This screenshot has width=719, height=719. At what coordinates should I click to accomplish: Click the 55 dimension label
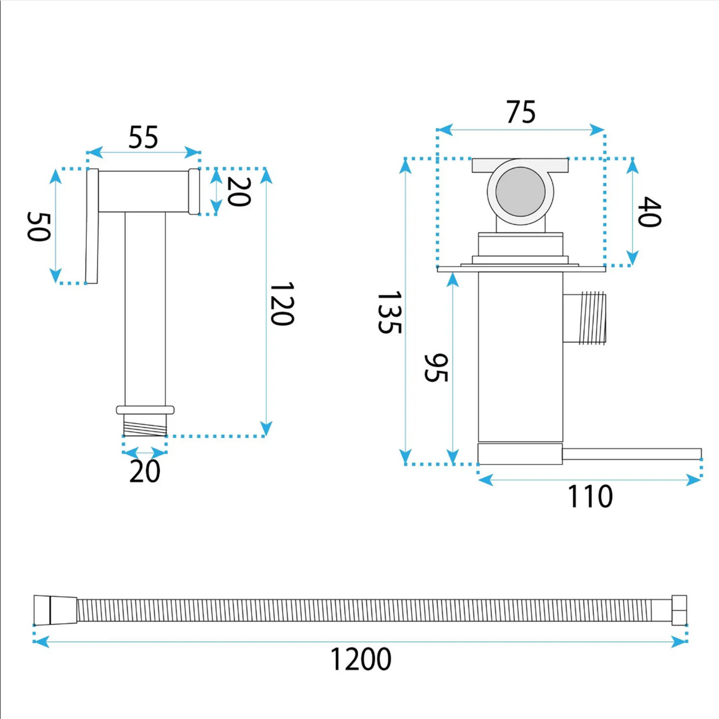tap(143, 137)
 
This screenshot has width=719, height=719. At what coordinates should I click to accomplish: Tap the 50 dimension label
tap(38, 226)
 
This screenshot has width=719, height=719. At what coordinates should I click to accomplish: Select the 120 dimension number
tap(282, 304)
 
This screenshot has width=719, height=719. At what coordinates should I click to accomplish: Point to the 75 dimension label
tap(521, 111)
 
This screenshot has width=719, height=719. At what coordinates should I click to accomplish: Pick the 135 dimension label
tap(389, 312)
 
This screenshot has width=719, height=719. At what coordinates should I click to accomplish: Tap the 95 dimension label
tap(436, 367)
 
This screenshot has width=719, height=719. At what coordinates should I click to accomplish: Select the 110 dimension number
tap(590, 496)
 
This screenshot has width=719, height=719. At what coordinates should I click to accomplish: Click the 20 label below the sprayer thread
tap(145, 472)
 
